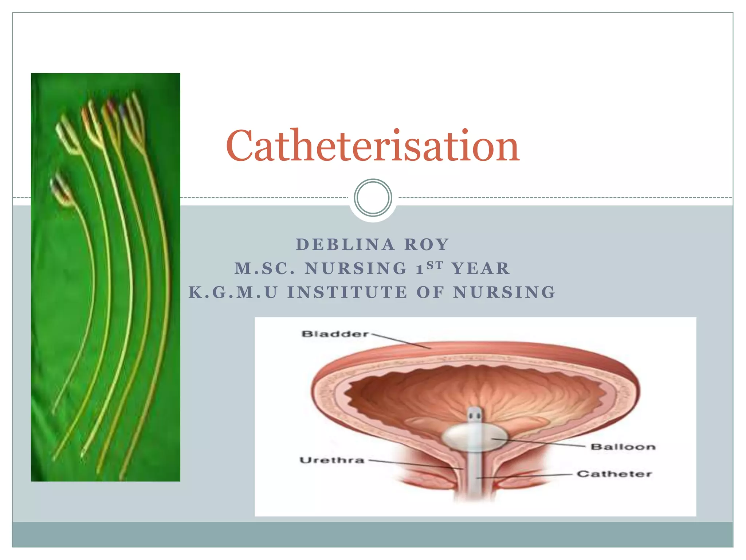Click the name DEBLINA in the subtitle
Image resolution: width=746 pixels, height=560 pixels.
tap(345, 245)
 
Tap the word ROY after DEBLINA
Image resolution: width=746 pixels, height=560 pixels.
tap(427, 245)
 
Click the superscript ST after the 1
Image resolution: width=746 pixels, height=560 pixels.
tap(435, 265)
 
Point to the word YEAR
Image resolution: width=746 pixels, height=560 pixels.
tap(480, 269)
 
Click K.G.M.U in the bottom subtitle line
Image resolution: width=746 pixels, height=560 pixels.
tap(233, 292)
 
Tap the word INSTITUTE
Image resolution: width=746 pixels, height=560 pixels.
tap(347, 292)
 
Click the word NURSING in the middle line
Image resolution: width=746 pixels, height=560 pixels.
tap(356, 269)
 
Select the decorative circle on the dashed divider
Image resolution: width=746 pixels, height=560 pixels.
tap(373, 197)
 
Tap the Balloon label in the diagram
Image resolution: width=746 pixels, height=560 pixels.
tap(623, 447)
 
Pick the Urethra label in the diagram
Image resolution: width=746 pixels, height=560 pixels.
tap(332, 460)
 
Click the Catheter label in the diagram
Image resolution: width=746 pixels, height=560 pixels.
tap(614, 474)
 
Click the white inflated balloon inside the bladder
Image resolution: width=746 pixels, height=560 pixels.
tap(474, 437)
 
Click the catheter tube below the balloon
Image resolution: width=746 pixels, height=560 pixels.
tap(475, 474)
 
